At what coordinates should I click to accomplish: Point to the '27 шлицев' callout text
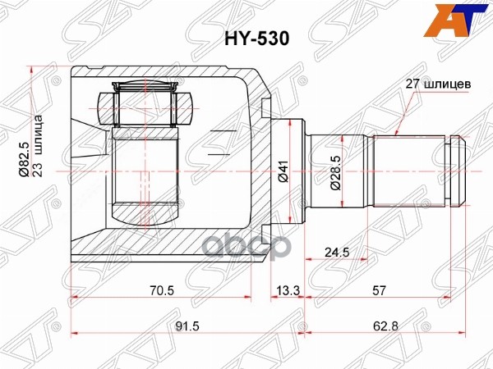pos(438,83)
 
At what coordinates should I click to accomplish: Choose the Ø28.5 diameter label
pos(335,171)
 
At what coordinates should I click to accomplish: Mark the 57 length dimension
pos(380,289)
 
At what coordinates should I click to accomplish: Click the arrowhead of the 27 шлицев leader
pos(395,135)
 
